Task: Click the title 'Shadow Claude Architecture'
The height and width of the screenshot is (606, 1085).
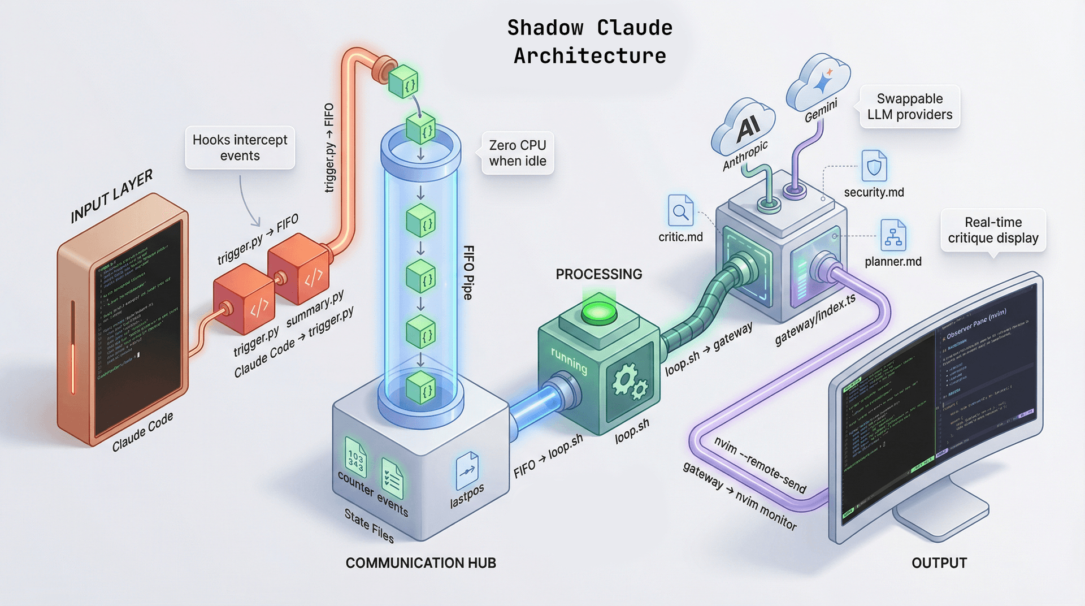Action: pos(589,42)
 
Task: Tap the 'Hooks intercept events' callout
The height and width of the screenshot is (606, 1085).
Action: pos(240,148)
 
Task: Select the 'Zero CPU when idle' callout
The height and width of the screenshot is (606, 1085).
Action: pos(517,153)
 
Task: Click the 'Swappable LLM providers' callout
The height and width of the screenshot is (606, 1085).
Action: pos(909,107)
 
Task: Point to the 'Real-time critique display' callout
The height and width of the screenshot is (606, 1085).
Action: pos(993,230)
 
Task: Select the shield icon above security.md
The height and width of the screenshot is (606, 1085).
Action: pos(874,166)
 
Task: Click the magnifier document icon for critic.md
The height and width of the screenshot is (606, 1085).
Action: pos(680,211)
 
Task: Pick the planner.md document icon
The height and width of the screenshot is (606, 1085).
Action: pos(893,236)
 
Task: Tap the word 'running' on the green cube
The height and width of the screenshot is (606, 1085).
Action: pos(569,362)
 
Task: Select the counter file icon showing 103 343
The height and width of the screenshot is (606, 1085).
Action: pos(355,457)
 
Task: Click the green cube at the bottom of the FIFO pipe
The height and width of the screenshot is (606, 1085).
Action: pos(421,387)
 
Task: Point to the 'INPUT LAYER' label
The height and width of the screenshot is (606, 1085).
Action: pos(111,196)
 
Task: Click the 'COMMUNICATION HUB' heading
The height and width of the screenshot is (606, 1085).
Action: pos(420,563)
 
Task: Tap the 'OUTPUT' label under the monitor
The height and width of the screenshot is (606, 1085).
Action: pos(939,563)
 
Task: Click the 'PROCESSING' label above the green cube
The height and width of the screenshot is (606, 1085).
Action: pos(598,274)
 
